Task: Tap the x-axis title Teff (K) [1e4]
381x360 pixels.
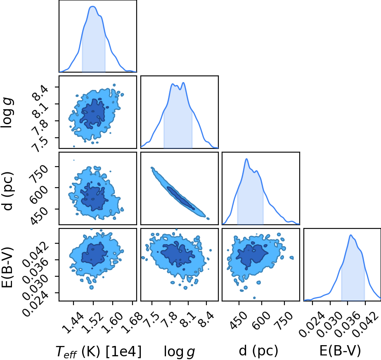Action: pos(98,351)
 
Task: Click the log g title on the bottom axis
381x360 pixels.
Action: pos(179,351)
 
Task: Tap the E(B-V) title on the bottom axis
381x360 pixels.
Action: pos(340,351)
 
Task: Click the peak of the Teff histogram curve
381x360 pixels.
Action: pos(92,7)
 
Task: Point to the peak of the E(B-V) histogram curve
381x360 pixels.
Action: pos(350,235)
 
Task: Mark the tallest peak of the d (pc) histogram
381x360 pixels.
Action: pos(246,159)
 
